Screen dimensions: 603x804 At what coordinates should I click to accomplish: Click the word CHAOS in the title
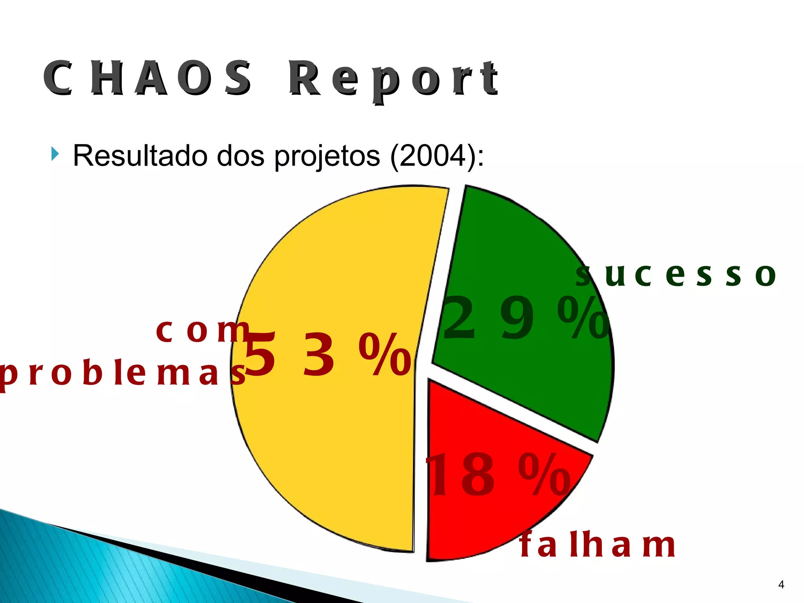[147, 79]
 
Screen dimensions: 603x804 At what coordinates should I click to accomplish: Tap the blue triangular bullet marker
[55, 154]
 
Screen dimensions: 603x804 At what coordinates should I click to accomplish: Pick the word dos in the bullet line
[241, 156]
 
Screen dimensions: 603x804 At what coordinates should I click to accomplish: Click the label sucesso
[675, 275]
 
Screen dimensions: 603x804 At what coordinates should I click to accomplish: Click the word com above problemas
[202, 331]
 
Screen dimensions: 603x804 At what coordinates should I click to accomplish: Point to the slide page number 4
[781, 585]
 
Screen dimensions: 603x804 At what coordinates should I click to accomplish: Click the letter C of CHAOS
[58, 79]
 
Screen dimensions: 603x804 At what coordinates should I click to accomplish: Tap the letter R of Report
[304, 79]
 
